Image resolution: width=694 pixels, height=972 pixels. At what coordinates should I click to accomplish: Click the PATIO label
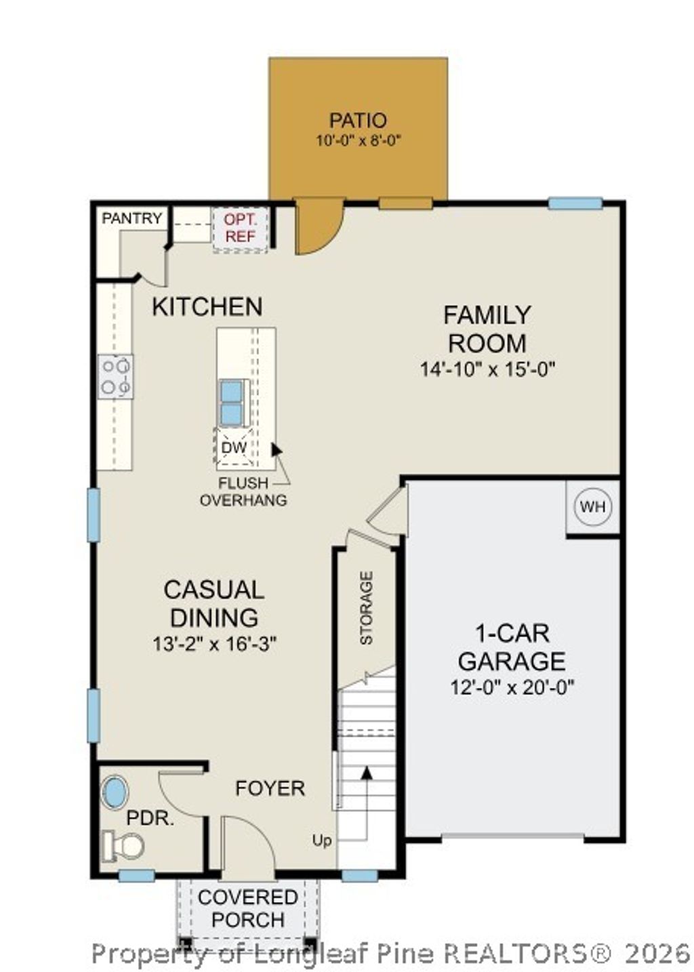click(x=358, y=121)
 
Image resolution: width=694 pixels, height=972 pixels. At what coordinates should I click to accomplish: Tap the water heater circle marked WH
click(x=593, y=506)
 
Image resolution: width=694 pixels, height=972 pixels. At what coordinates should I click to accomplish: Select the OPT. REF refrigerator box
click(x=241, y=228)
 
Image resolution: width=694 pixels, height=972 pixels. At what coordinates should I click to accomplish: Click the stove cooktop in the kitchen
click(x=115, y=376)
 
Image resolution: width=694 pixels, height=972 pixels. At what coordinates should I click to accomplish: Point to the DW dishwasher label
click(x=234, y=447)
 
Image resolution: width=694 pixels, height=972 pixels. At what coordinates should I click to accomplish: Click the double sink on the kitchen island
click(x=231, y=403)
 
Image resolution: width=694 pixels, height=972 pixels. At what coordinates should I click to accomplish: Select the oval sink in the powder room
click(x=115, y=791)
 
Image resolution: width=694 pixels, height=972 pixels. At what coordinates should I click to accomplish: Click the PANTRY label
click(x=132, y=218)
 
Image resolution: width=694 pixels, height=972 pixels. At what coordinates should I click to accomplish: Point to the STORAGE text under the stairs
click(x=366, y=608)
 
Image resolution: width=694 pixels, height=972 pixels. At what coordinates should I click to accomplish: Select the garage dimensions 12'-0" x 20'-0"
click(x=512, y=687)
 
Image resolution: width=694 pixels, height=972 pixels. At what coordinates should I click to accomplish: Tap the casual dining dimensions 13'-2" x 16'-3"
click(x=214, y=644)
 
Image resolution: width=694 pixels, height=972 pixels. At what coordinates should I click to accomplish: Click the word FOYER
click(x=270, y=788)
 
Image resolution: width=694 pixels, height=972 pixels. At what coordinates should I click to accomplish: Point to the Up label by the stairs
click(x=322, y=841)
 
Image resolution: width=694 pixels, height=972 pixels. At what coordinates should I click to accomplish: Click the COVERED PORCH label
click(x=248, y=908)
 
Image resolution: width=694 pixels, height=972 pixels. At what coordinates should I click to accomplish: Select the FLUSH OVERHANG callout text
click(x=243, y=492)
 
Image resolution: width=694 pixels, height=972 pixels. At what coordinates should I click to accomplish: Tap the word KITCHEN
click(x=207, y=307)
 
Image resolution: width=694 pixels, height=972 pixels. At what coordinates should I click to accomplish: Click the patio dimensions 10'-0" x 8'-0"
click(x=359, y=141)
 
